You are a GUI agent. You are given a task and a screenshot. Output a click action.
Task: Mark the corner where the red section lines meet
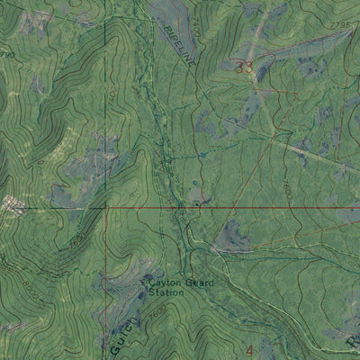[x=107, y=207]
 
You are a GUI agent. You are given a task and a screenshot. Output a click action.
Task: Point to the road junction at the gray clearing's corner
[x=217, y=247]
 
